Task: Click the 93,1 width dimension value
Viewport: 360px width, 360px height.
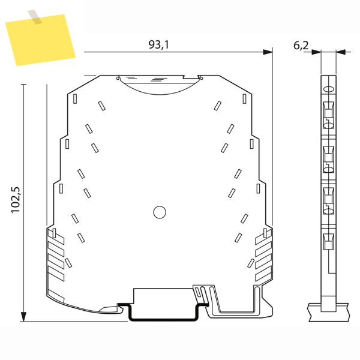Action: (x=158, y=44)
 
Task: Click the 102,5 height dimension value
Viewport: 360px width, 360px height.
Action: (x=16, y=200)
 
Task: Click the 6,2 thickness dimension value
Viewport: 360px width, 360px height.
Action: (x=301, y=46)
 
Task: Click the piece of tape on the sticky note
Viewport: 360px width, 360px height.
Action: (x=35, y=17)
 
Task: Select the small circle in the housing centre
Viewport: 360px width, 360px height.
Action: (x=160, y=212)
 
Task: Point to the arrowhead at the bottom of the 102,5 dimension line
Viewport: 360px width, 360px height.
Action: (x=23, y=317)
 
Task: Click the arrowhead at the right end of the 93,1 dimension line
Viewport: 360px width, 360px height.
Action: (x=268, y=52)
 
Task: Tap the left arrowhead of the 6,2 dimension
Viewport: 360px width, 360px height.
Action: (x=316, y=52)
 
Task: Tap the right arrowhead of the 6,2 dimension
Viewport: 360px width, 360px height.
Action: (x=341, y=52)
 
